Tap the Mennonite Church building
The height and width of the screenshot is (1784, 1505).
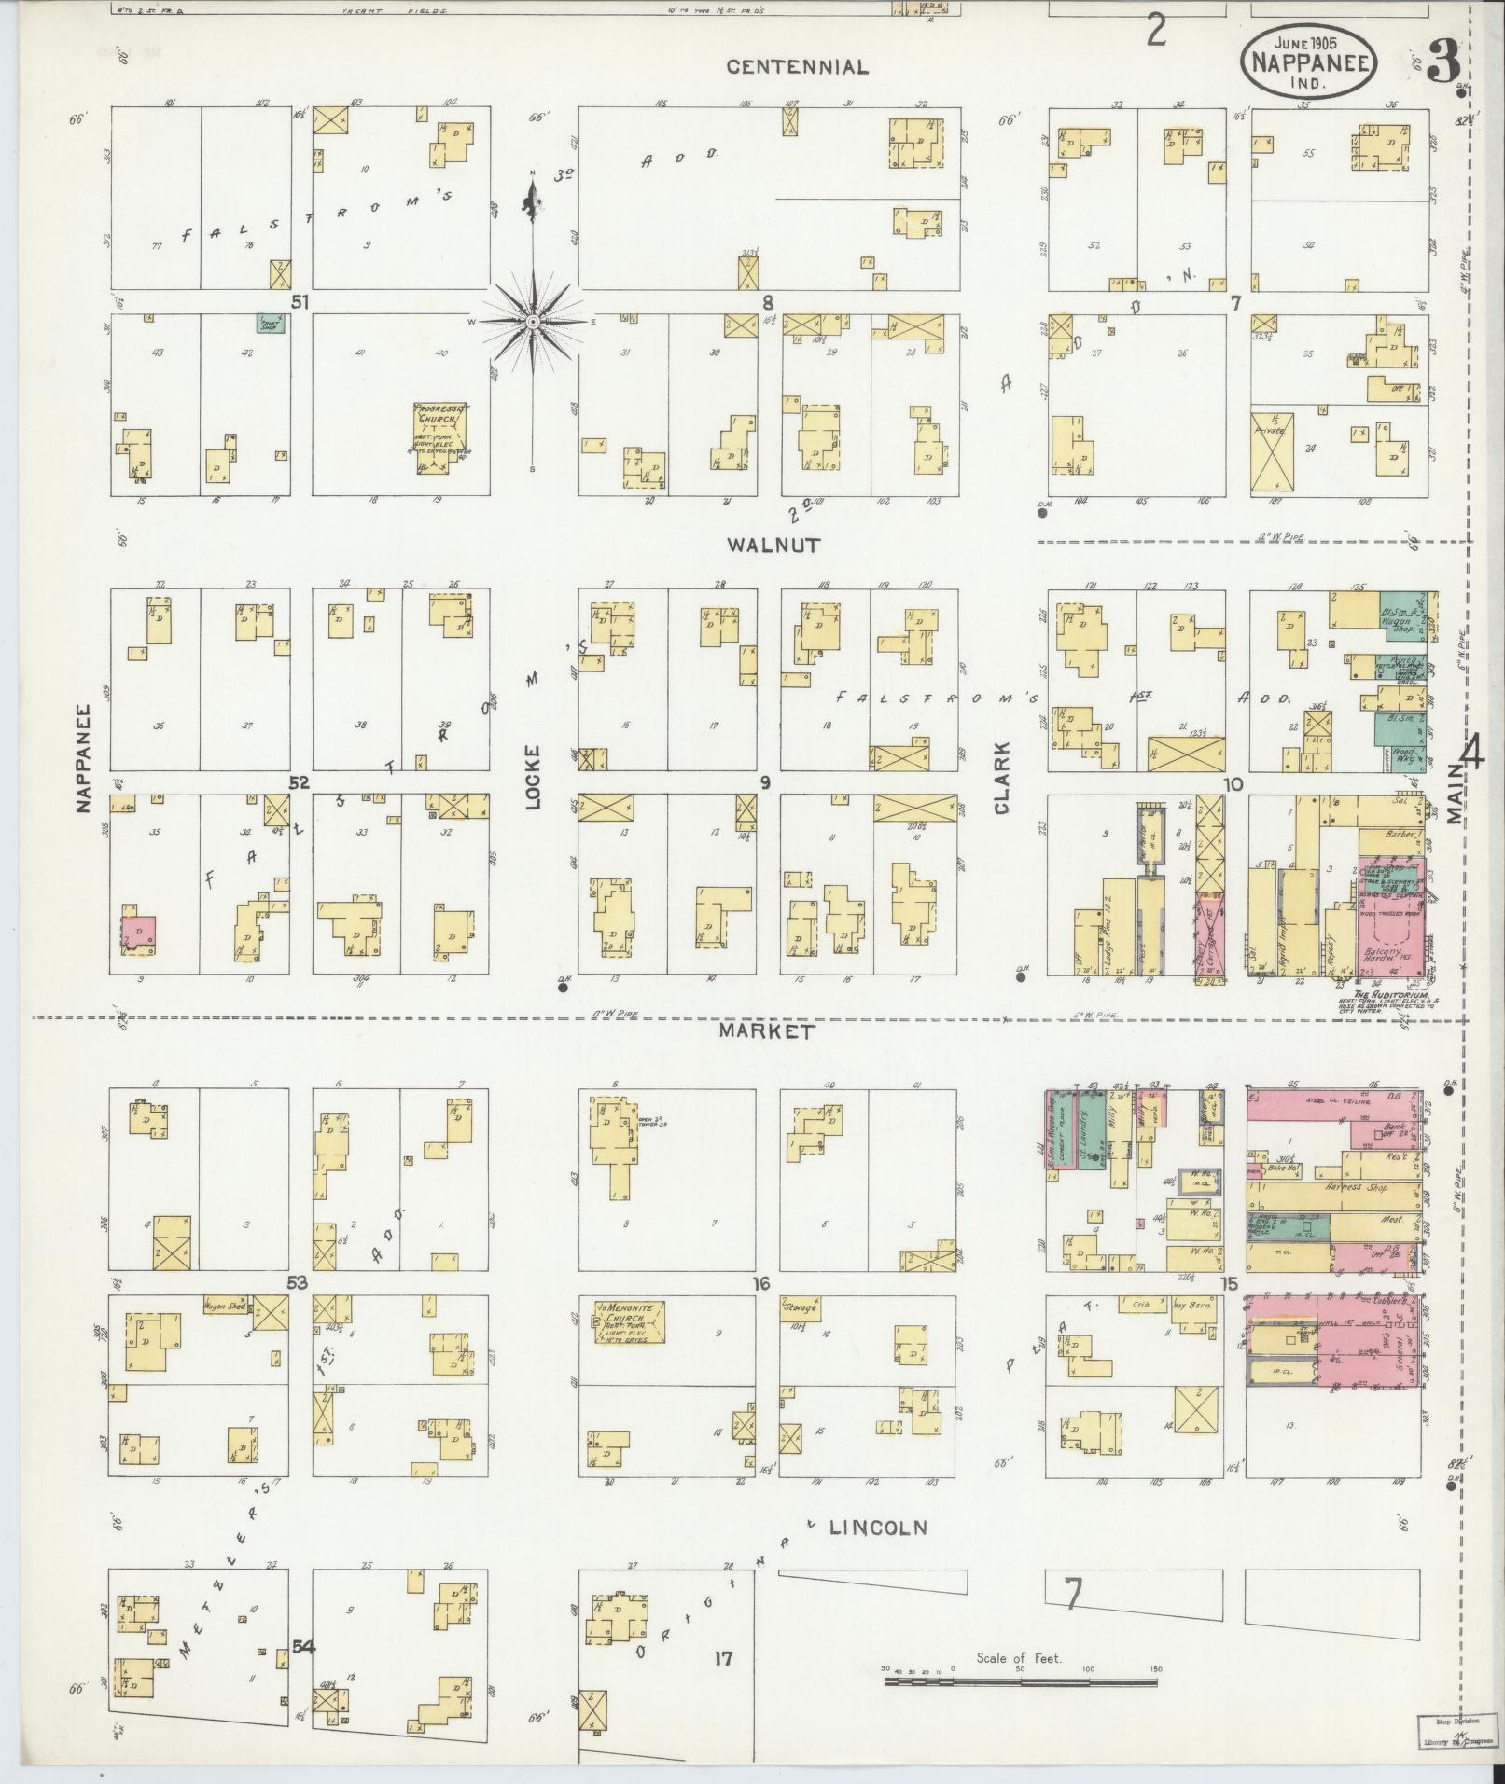tap(630, 1321)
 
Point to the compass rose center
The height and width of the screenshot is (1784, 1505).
tap(532, 322)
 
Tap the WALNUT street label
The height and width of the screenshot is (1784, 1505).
tap(773, 546)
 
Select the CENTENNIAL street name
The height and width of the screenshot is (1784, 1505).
tap(797, 67)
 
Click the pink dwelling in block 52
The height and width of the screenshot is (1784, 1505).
tap(139, 932)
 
